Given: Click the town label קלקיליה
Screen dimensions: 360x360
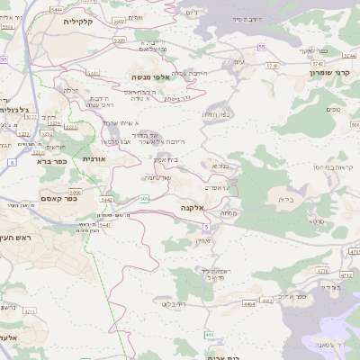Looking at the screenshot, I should pyautogui.click(x=67, y=20).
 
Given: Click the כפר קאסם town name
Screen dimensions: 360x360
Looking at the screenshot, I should pyautogui.click(x=56, y=199).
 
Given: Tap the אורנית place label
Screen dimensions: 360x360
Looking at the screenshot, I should pyautogui.click(x=94, y=158).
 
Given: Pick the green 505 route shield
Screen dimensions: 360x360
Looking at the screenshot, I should pyautogui.click(x=145, y=198).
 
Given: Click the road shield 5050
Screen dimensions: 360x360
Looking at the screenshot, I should pyautogui.click(x=75, y=192).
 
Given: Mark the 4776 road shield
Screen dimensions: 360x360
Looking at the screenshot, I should pyautogui.click(x=322, y=269).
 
